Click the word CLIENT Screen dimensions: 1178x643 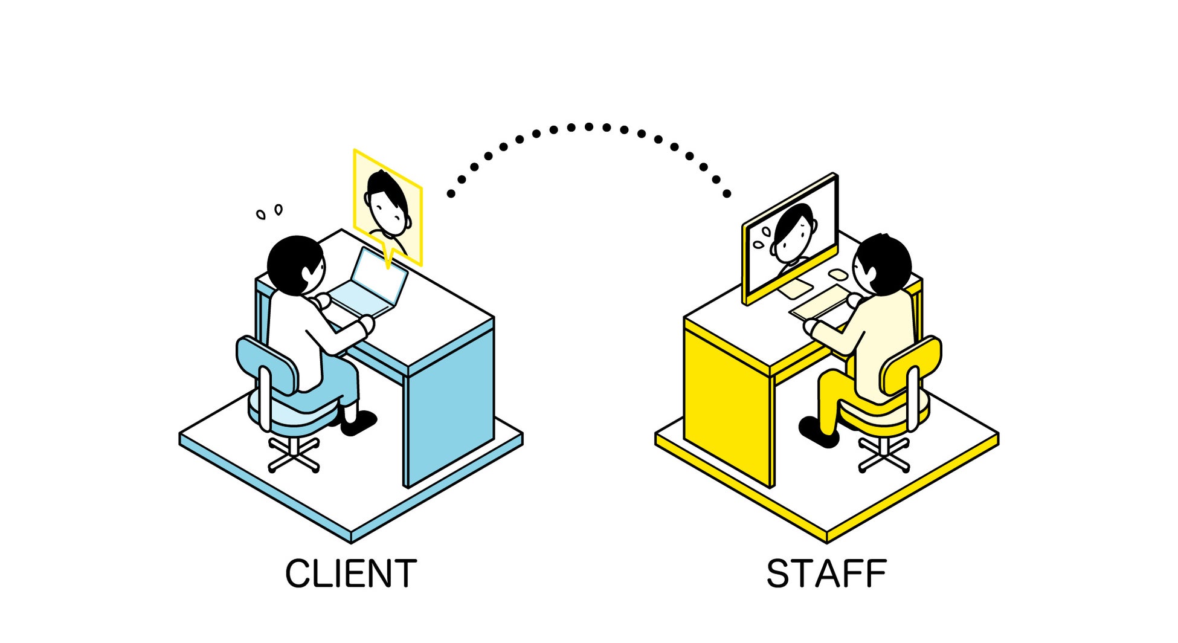(x=351, y=574)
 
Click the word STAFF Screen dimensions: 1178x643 (x=826, y=574)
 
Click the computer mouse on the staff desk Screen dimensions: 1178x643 (x=838, y=275)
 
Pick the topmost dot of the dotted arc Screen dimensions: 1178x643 (x=588, y=126)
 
